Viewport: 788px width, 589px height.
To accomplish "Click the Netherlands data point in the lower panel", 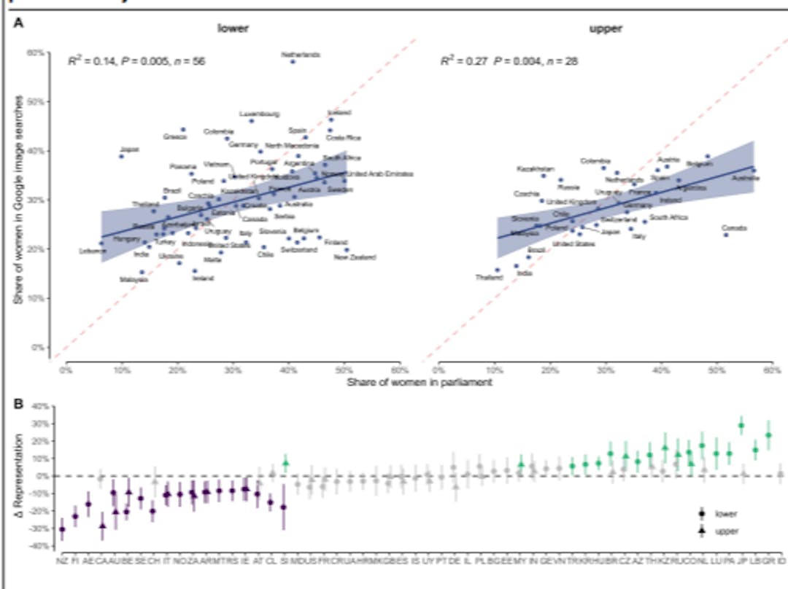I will coord(293,62).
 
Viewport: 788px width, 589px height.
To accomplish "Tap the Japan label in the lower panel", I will coord(129,149).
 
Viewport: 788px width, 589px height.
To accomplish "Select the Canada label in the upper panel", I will coord(734,227).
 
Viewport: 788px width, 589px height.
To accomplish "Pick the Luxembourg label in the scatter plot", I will coord(259,114).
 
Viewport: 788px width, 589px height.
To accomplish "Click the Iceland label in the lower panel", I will coord(339,113).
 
